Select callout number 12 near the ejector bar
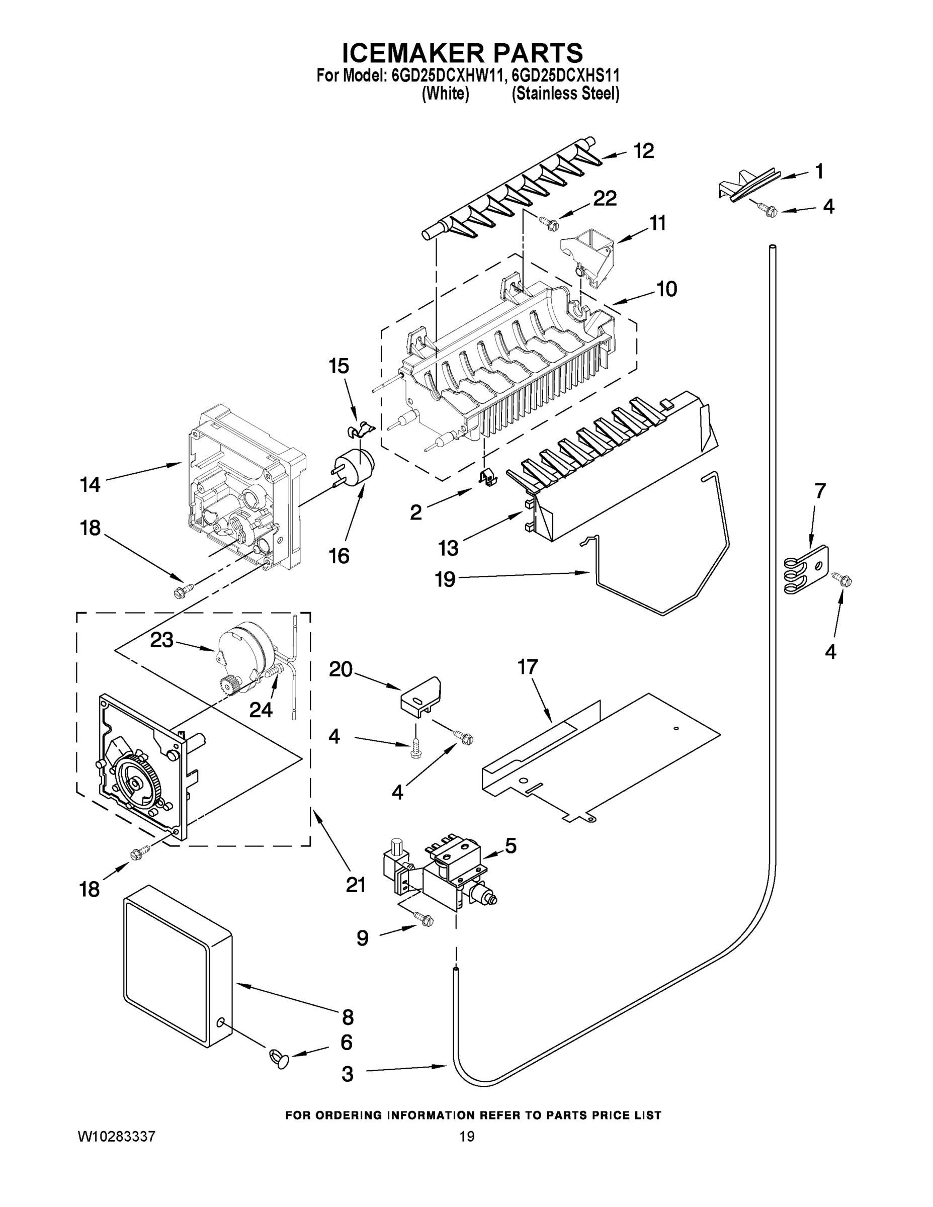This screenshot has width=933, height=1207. (x=643, y=150)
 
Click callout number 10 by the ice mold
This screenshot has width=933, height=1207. (x=666, y=289)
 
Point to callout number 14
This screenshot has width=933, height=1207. (x=90, y=485)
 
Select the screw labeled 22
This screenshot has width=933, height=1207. (x=549, y=223)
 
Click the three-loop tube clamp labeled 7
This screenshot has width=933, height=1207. (x=806, y=570)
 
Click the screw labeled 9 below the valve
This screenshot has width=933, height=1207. (x=426, y=920)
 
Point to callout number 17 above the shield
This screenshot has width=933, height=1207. (x=527, y=667)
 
